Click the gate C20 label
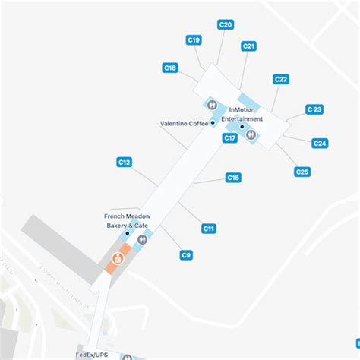click(x=226, y=24)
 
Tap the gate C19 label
click(x=194, y=39)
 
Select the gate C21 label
click(x=248, y=46)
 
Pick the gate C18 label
click(x=170, y=68)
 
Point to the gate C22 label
click(x=281, y=79)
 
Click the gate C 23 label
click(x=314, y=109)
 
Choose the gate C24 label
click(x=320, y=143)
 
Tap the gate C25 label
click(x=302, y=172)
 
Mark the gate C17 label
click(x=229, y=137)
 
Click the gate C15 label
click(x=233, y=177)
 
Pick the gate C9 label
click(x=186, y=255)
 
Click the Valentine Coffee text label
click(x=183, y=124)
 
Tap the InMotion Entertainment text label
click(x=245, y=114)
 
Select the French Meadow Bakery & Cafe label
click(x=128, y=220)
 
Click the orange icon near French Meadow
click(x=118, y=259)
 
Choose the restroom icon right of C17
click(x=251, y=135)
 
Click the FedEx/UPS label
click(x=91, y=354)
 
